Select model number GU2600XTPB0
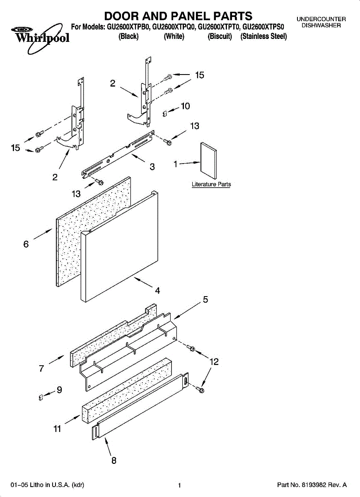tap(128, 27)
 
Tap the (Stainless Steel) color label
tap(263, 36)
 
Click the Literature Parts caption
tap(211, 184)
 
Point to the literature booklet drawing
tap(208, 159)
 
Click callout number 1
tap(176, 164)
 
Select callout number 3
tap(152, 167)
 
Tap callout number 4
tap(157, 290)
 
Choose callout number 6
tap(26, 244)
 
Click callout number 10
tap(185, 106)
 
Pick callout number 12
tap(214, 362)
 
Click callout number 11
tap(57, 429)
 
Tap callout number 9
tap(59, 390)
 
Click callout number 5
tap(205, 299)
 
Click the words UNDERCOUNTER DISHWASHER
tap(321, 22)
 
